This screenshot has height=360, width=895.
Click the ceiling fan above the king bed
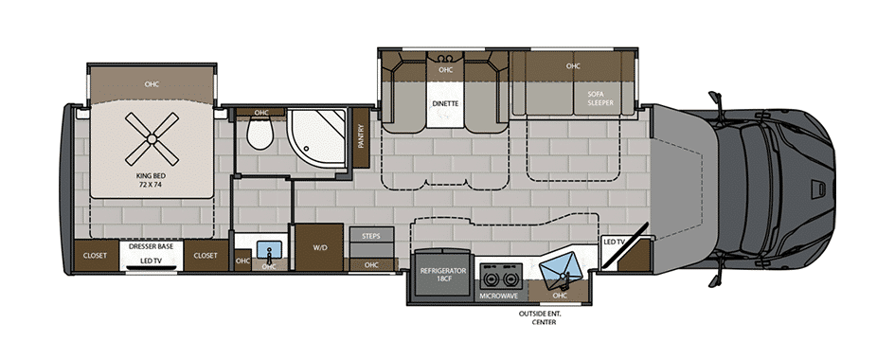(152, 137)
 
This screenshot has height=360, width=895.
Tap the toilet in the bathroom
(260, 133)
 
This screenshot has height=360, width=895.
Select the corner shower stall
(316, 138)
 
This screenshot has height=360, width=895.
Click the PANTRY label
(361, 137)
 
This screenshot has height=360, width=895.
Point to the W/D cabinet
(318, 247)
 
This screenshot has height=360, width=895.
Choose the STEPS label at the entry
(371, 235)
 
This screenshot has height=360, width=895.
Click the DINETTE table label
(446, 104)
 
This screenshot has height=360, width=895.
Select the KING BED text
(152, 181)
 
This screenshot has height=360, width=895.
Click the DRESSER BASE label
(152, 246)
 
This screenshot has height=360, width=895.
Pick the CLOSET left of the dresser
(95, 256)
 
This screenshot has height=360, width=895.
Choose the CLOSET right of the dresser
(205, 256)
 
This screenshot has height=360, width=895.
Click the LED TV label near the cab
(615, 242)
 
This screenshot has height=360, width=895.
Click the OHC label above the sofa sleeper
(573, 66)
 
